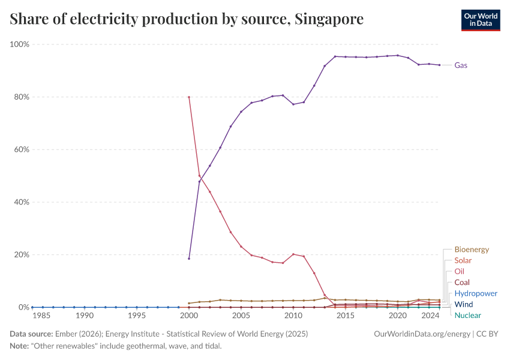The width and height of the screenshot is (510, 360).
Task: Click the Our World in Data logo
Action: [480, 20]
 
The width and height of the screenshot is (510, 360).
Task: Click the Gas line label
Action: [461, 65]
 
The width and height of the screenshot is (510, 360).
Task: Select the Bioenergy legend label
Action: [472, 250]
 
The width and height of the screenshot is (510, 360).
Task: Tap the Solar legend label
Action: [463, 260]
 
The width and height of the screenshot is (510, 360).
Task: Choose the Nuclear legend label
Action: [467, 315]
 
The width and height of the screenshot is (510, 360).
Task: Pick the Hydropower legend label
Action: [476, 293]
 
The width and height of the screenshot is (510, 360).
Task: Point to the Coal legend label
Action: [462, 283]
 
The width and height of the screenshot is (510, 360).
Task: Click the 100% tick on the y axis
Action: [20, 44]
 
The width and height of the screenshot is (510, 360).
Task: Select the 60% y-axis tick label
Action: [21, 149]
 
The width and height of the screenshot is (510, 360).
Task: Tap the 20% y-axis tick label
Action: [21, 254]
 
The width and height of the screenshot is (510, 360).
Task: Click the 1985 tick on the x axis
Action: [41, 316]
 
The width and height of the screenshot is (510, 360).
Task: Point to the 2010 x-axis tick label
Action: [293, 316]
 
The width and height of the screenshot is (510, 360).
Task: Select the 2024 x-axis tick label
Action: [429, 316]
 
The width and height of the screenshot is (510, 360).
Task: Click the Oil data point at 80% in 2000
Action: [189, 97]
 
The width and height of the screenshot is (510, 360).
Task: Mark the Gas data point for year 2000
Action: [189, 259]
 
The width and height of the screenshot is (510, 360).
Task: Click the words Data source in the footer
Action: [31, 334]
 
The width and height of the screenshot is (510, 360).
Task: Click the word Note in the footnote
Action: [19, 346]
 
